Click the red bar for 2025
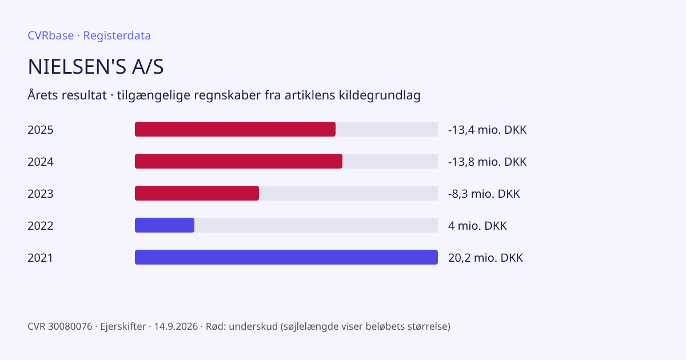235,129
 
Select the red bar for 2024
238,161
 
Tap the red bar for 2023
197,193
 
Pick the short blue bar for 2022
165,225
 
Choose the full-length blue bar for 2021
286,257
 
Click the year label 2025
41,130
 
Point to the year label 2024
41,162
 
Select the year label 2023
41,194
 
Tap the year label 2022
41,226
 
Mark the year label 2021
40,258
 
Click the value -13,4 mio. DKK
487,130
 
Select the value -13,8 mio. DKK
487,162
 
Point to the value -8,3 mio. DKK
484,194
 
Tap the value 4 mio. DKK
477,226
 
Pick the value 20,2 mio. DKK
485,258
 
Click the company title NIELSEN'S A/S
95,66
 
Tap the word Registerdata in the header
117,35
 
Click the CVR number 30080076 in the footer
70,326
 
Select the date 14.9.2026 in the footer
176,326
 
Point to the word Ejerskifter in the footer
123,327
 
